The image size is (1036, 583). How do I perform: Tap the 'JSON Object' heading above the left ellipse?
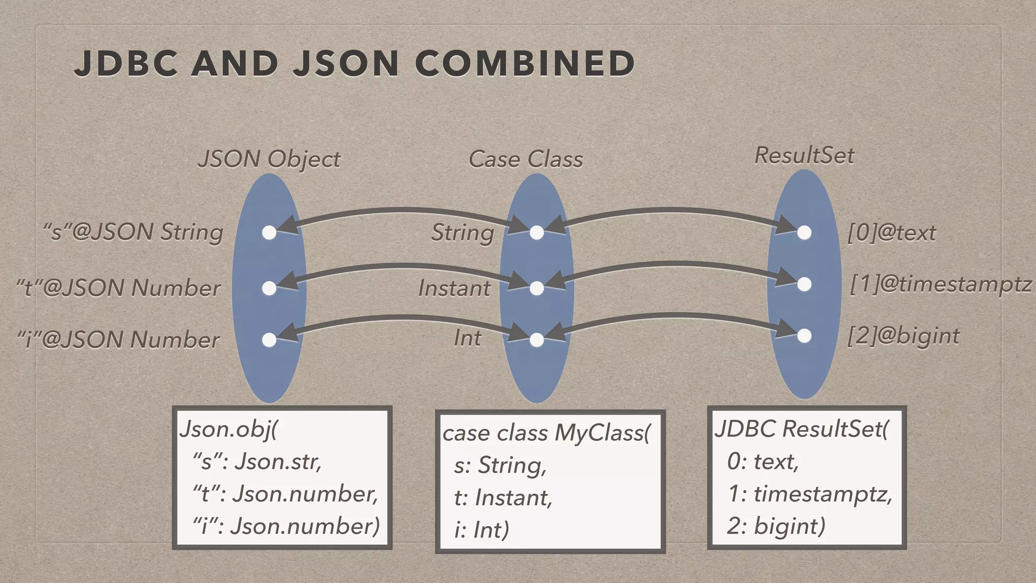coord(269,159)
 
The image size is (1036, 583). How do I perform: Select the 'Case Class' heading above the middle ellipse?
coord(526,159)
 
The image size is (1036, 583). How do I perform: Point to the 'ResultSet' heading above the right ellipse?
coord(804,155)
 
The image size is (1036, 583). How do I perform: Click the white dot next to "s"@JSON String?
coord(269,233)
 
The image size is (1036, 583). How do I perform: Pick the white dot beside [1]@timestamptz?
coord(804,284)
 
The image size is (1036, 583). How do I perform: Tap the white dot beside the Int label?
coord(537,340)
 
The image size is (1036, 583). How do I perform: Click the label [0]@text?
coord(892,233)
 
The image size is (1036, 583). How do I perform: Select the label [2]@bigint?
coord(903,336)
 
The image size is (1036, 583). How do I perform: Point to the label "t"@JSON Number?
coord(118,288)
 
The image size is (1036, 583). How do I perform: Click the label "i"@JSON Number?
coord(118,340)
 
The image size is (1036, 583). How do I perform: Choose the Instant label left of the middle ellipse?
coord(454,288)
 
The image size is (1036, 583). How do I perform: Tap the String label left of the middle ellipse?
coord(462,233)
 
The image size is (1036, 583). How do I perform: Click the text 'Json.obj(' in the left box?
coord(229,430)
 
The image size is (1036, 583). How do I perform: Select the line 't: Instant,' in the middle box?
coord(503,498)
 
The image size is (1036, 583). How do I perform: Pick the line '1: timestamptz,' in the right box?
coord(809,494)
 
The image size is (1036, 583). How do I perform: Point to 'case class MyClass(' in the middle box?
coord(546,433)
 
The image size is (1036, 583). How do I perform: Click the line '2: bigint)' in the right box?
coord(776,526)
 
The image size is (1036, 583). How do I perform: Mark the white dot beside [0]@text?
coord(804,233)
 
